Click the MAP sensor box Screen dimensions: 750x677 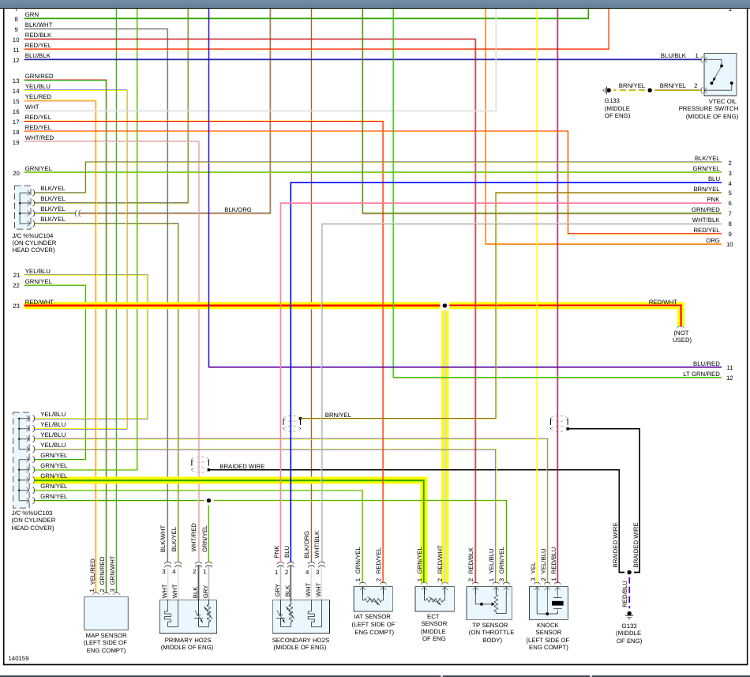(x=107, y=613)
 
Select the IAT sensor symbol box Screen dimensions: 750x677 (x=373, y=599)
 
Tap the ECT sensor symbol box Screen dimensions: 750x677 (x=434, y=599)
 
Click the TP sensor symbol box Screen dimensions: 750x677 (x=489, y=603)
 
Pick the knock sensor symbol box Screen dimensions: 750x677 (x=548, y=603)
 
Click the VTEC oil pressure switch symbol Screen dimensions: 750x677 (x=720, y=74)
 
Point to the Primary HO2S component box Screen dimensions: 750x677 (x=188, y=616)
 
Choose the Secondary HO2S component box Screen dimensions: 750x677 (x=301, y=616)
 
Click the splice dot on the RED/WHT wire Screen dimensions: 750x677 (x=444, y=305)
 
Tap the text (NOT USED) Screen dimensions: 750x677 (x=681, y=336)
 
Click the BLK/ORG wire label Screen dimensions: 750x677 (x=238, y=209)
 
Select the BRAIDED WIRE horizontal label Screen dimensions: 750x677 (x=242, y=466)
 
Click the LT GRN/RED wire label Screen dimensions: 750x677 (x=701, y=374)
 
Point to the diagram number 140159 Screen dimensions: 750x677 (x=18, y=658)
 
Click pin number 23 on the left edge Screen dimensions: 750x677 (x=17, y=306)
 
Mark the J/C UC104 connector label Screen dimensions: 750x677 (x=34, y=243)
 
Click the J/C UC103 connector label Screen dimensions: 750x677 (x=33, y=520)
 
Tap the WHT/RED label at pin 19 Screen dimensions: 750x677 (x=39, y=137)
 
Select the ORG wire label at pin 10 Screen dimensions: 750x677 (x=713, y=240)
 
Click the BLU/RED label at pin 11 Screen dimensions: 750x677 (x=707, y=363)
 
